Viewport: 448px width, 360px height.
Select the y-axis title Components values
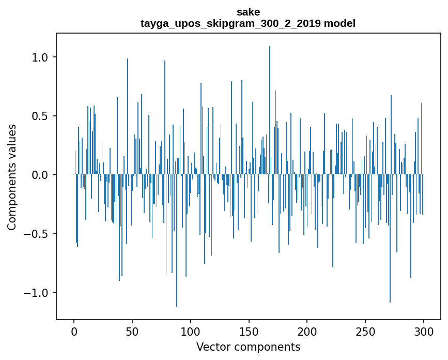(12, 176)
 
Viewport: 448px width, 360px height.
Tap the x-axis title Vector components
(248, 347)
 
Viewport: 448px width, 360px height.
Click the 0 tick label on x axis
(74, 331)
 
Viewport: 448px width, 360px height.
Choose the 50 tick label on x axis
(132, 331)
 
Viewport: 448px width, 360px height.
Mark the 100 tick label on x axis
(191, 331)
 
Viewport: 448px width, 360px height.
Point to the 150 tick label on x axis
(249, 331)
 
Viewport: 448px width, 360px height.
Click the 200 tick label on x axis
(307, 331)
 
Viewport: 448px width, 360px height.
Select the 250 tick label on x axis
(365, 331)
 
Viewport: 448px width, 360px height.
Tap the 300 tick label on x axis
(424, 331)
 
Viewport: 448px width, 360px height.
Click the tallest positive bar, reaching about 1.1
(270, 103)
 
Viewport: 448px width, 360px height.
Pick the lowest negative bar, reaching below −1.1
(177, 248)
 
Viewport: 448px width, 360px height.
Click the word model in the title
(339, 23)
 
